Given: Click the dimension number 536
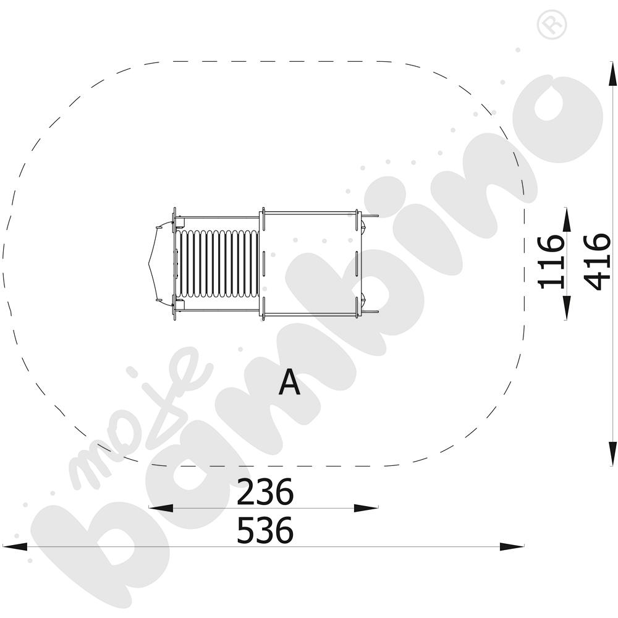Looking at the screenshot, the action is tap(265, 530).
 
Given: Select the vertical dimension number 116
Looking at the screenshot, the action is tap(551, 262).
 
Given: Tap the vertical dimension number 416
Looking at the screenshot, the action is tap(597, 262).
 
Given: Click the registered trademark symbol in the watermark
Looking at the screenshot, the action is tap(552, 25).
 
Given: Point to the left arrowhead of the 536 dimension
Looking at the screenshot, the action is tap(15, 547).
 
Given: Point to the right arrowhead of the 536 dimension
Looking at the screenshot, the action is tap(512, 547).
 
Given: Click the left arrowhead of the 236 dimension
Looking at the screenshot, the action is tap(161, 508).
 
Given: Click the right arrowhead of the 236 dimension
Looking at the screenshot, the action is tap(366, 508).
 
